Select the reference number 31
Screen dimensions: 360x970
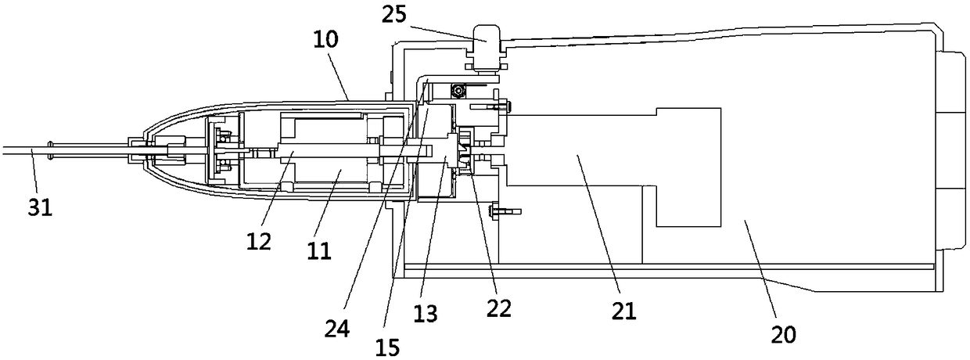[x=40, y=210]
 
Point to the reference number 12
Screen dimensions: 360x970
[x=260, y=240]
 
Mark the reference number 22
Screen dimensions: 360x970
[x=498, y=308]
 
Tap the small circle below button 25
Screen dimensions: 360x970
[x=463, y=88]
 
